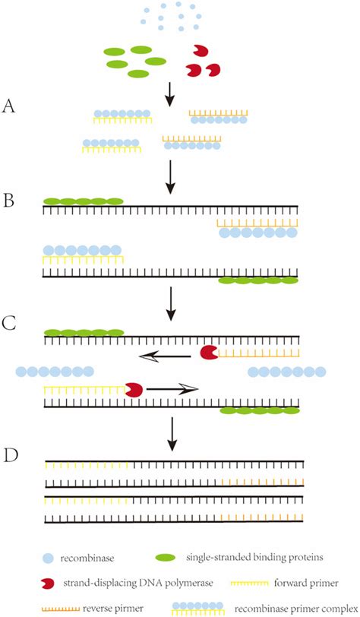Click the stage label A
pyautogui.click(x=10, y=107)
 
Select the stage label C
pyautogui.click(x=10, y=323)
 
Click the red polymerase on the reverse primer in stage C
pyautogui.click(x=208, y=352)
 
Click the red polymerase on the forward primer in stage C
pyautogui.click(x=134, y=389)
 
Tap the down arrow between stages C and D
pyautogui.click(x=173, y=433)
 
